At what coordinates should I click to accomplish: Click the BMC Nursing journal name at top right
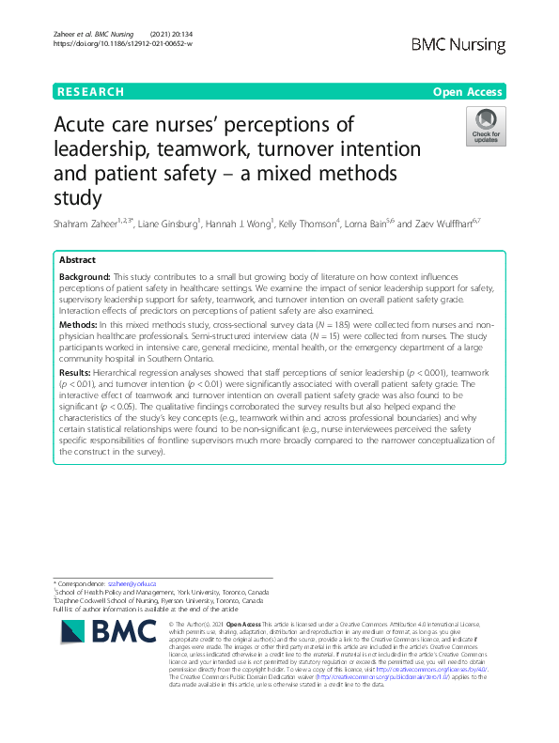[458, 45]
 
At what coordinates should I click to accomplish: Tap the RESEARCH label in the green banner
[90, 92]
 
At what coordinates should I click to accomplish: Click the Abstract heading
[77, 259]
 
